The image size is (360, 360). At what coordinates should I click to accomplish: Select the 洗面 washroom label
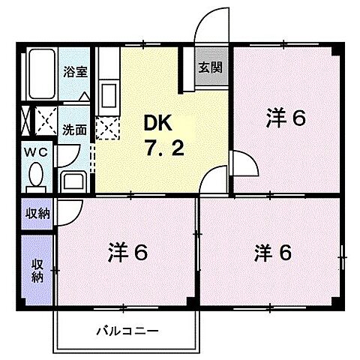coord(73,129)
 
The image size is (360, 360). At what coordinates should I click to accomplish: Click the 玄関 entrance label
coord(210,66)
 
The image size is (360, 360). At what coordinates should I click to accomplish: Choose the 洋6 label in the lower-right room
coord(271,253)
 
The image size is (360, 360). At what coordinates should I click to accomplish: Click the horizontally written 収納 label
coord(35,213)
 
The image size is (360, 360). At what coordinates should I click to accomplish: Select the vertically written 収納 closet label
coord(35,269)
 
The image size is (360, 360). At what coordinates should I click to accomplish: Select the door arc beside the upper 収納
coord(63,211)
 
